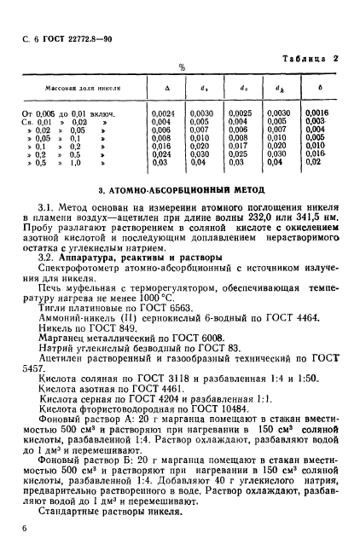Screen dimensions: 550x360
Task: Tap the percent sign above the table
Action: pos(181,67)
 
